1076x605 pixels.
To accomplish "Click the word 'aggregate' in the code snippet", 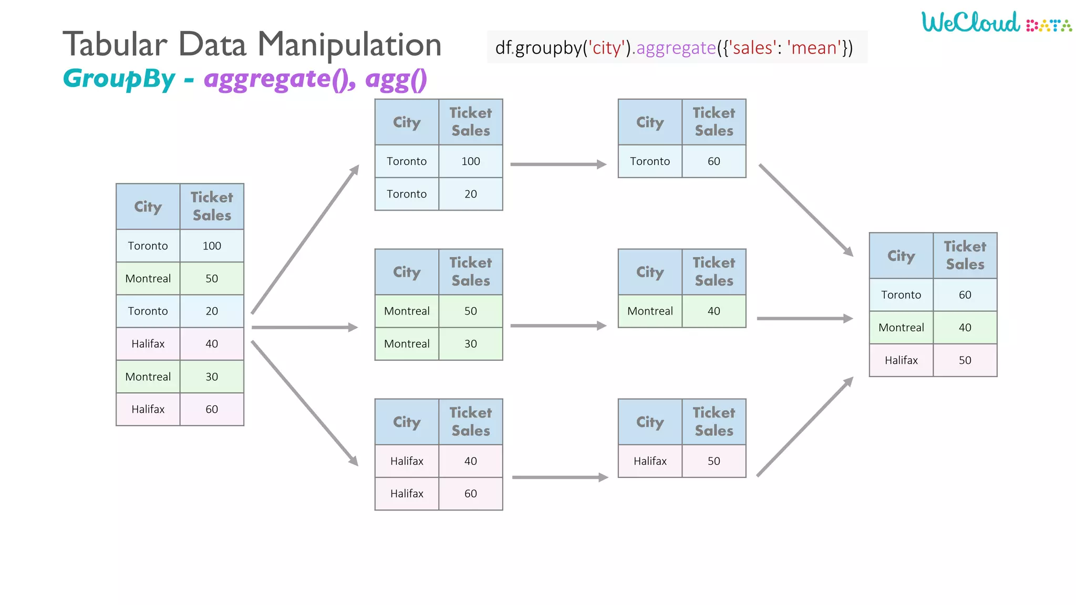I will pos(676,48).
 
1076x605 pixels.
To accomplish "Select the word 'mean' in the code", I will pos(814,48).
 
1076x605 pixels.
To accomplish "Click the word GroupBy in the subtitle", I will pos(119,79).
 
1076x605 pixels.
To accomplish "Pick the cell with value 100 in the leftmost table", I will pos(212,246).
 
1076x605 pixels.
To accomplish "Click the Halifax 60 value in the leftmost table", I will pos(212,409).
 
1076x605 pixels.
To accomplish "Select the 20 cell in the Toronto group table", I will pos(470,194).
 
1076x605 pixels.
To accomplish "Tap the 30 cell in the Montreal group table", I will pos(470,343).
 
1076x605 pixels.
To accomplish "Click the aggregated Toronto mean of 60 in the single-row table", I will pos(713,161).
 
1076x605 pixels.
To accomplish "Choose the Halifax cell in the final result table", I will pos(901,360).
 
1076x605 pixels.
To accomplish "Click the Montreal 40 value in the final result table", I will pos(965,327).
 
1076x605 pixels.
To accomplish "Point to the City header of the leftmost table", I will pos(148,206).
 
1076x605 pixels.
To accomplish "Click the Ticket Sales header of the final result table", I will pos(965,255).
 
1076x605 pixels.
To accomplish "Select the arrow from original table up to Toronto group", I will pos(305,239).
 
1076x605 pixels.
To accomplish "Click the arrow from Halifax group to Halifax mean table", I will pos(560,477).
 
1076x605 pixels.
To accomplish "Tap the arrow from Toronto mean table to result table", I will pos(805,210).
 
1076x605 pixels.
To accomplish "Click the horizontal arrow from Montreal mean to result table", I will pos(804,318).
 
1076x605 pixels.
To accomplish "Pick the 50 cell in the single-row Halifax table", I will pos(713,461).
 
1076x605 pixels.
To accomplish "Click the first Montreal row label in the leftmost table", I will pos(148,278).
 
